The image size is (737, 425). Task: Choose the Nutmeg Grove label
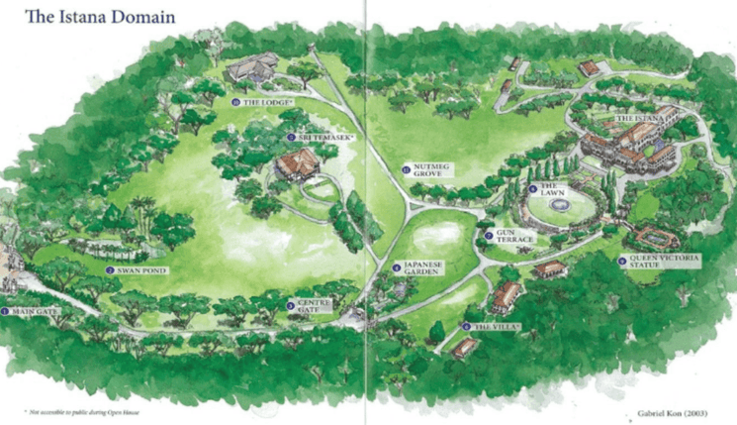(x=436, y=171)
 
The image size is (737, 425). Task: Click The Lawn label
(x=549, y=190)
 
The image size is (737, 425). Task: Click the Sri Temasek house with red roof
(x=295, y=166)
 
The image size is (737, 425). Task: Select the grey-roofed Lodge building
(x=251, y=69)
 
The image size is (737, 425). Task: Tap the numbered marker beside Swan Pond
(x=109, y=269)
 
